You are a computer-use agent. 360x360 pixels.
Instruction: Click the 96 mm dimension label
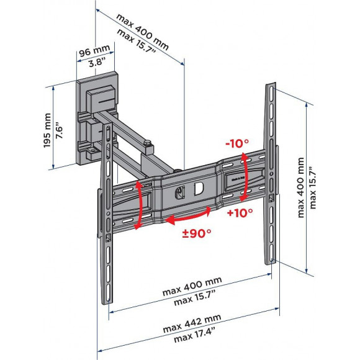point(94,50)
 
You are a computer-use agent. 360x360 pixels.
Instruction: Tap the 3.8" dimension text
point(97,62)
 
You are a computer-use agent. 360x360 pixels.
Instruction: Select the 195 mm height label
point(47,130)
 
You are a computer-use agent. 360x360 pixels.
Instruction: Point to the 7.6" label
point(59,132)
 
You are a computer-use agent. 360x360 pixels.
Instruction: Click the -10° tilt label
point(237,144)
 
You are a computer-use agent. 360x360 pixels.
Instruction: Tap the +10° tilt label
point(240,213)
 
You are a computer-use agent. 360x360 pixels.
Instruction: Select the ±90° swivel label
point(197,234)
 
